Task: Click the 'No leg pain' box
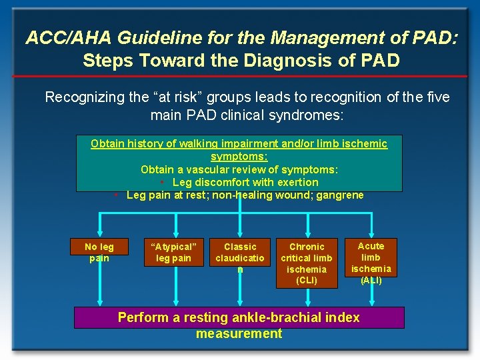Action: point(99,252)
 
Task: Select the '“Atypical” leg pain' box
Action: point(173,252)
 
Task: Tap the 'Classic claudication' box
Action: point(240,257)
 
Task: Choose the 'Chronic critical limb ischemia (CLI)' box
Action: point(306,263)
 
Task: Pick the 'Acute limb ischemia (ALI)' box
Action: point(371,263)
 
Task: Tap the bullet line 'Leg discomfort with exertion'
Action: point(245,182)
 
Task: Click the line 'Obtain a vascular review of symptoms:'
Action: point(239,169)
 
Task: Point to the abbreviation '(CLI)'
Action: point(306,280)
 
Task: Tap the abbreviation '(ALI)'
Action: point(371,280)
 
